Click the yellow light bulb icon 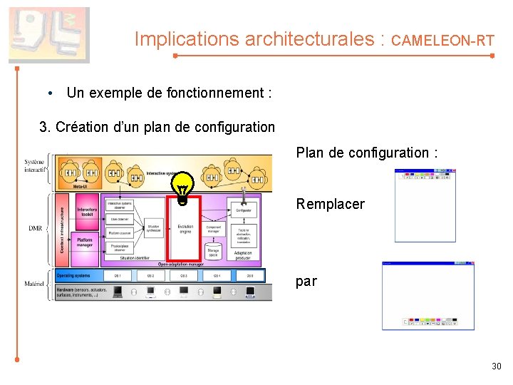click(183, 189)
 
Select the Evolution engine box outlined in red click(184, 228)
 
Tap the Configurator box click(243, 210)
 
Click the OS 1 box click(118, 275)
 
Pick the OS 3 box click(184, 275)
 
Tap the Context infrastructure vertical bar click(62, 228)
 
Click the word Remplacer click(330, 205)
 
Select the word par click(306, 281)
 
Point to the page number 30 click(497, 366)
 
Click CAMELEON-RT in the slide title click(442, 41)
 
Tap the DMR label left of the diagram click(35, 228)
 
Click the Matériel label click(34, 284)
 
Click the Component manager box click(213, 230)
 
